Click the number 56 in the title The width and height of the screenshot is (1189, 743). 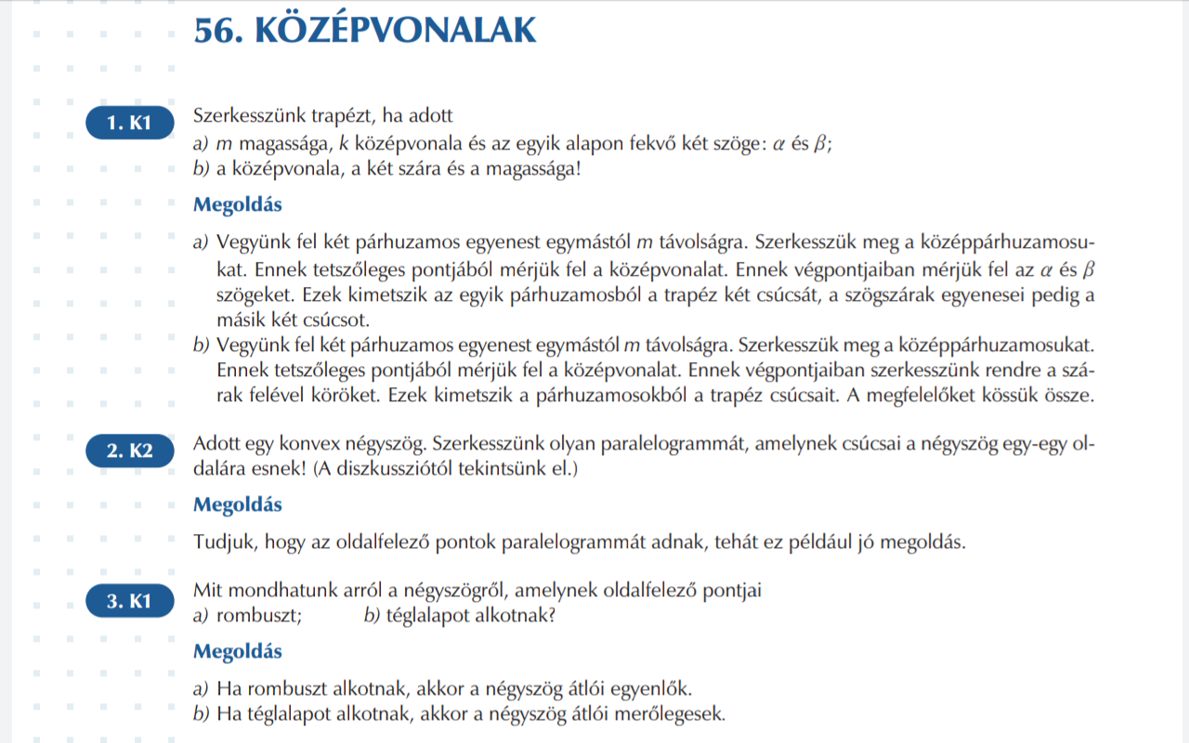(x=213, y=31)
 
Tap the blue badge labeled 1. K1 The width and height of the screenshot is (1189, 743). (x=129, y=123)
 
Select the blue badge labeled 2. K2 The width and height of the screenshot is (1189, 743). (x=129, y=452)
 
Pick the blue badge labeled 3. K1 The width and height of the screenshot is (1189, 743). (x=129, y=601)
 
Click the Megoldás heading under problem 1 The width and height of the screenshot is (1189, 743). (x=237, y=204)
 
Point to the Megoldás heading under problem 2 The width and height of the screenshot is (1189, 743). (x=237, y=505)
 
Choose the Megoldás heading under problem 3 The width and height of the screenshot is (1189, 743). (x=237, y=651)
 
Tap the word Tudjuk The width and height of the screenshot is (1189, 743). (x=220, y=542)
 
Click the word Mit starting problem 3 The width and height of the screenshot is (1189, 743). (x=209, y=590)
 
